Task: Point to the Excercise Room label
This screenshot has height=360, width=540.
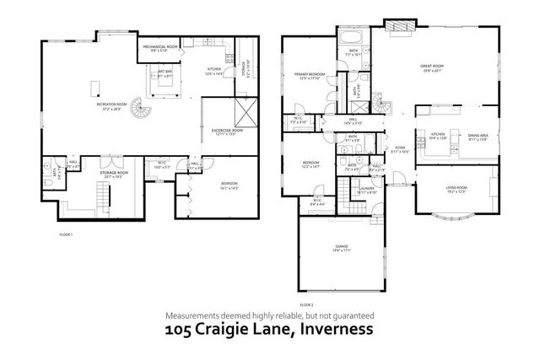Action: coord(227,132)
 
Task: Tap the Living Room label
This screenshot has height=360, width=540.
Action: coord(456,188)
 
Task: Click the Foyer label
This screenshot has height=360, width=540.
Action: coord(399,150)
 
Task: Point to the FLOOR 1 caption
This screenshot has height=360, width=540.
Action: coord(67,234)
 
